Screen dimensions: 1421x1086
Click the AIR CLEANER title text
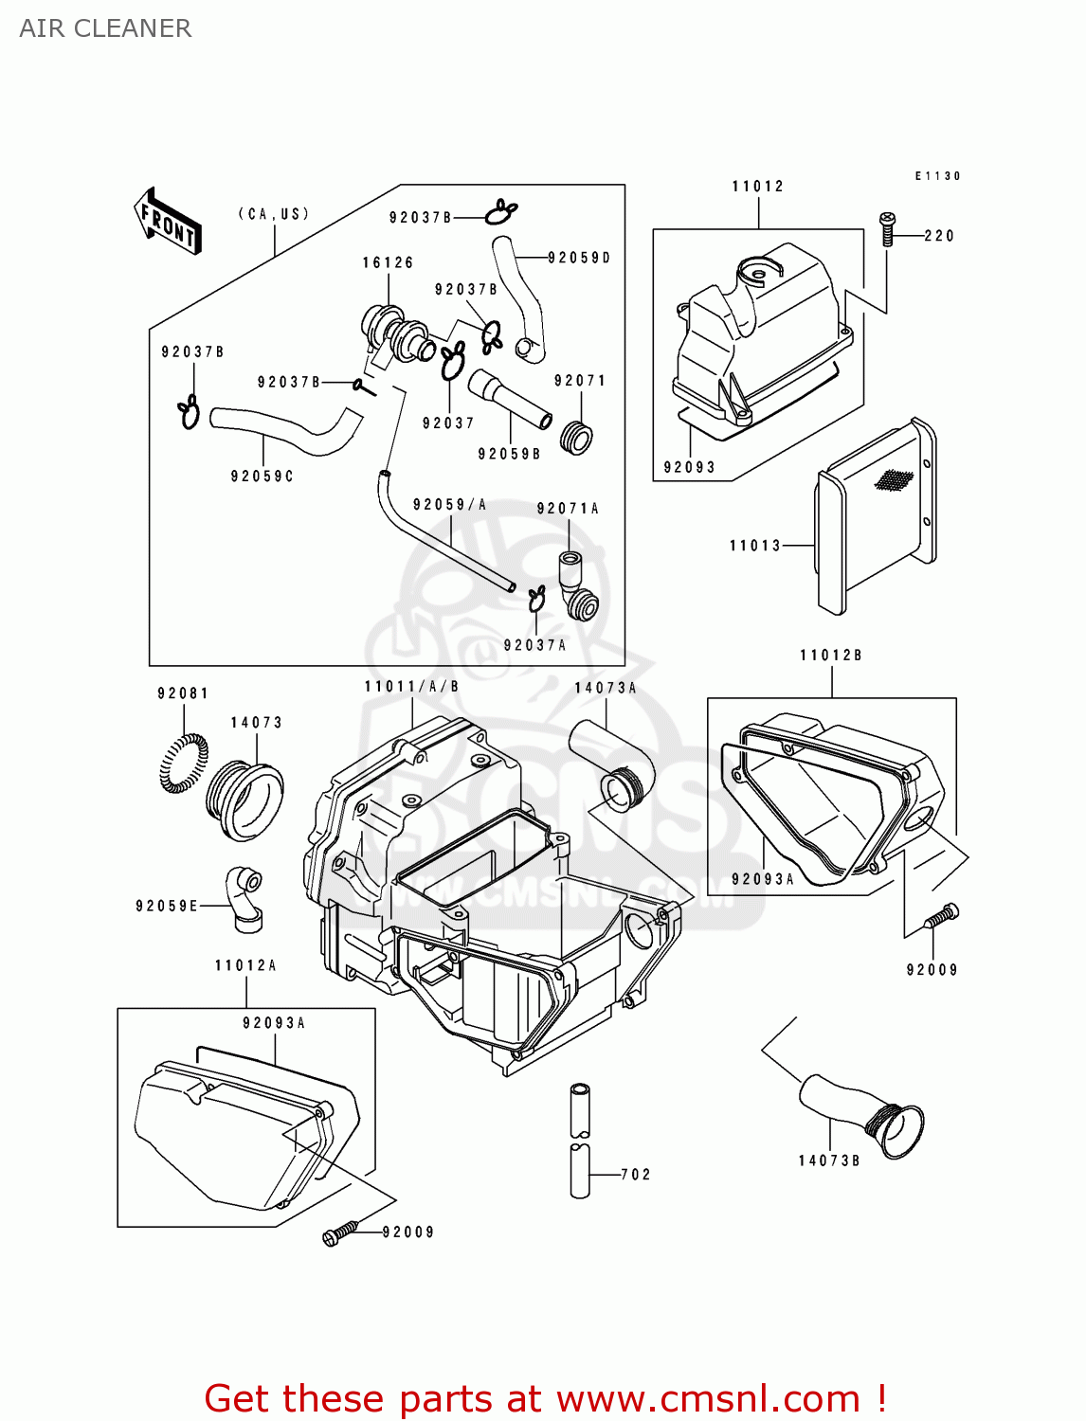[x=105, y=28]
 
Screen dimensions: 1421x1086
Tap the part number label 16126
[x=388, y=262]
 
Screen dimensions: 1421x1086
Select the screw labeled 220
[x=887, y=229]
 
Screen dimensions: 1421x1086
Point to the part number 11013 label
[x=754, y=546]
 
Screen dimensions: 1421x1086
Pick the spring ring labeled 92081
[x=184, y=763]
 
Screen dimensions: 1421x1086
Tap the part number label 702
[x=636, y=1175]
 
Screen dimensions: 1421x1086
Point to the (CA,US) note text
[x=273, y=214]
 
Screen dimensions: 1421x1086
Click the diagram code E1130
[x=937, y=176]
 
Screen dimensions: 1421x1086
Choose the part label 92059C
[x=262, y=477]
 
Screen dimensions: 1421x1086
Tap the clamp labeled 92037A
[x=536, y=598]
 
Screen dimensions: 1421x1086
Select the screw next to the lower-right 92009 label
[x=941, y=916]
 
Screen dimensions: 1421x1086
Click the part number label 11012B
[x=830, y=656]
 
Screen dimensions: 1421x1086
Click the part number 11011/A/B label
[x=411, y=687]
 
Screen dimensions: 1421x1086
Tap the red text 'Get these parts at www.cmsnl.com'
[x=545, y=1398]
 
